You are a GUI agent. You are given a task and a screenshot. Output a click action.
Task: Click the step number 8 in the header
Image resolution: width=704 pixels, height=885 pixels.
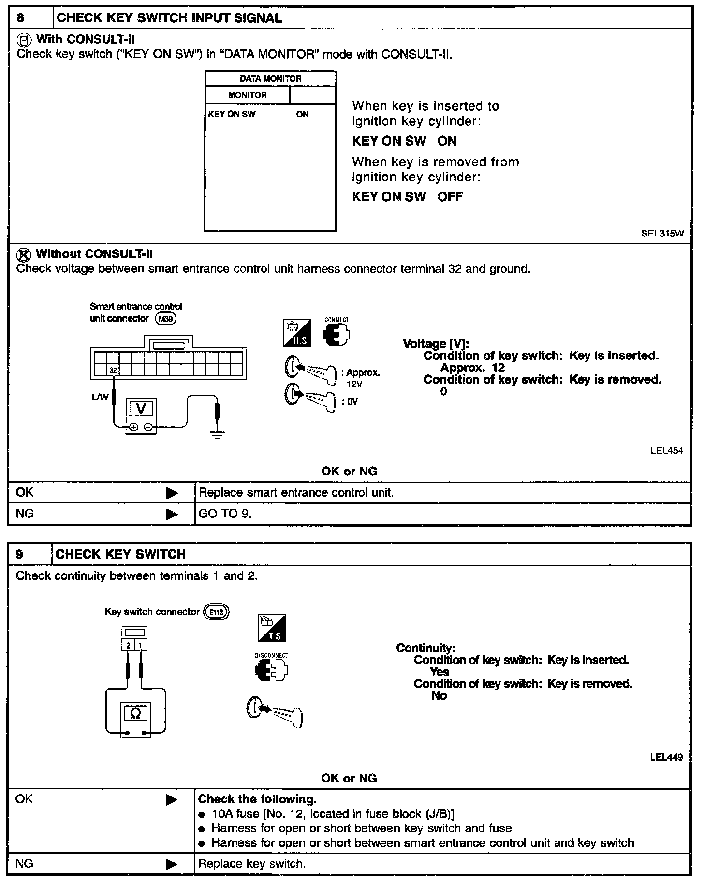click(20, 18)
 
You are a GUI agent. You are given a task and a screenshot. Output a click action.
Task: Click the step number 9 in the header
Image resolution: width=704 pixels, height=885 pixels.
click(19, 554)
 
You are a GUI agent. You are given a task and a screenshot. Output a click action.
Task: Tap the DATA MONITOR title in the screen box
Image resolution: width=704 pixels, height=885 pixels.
click(270, 79)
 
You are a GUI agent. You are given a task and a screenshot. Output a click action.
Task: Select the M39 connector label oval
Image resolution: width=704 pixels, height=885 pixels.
click(166, 319)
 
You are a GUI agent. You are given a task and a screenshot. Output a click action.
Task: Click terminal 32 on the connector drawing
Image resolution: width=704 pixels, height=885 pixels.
click(113, 370)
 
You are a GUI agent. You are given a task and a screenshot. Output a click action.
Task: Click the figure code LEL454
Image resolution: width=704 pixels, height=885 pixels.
click(667, 451)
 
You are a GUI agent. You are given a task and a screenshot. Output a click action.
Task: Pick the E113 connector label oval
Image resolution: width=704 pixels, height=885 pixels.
click(216, 612)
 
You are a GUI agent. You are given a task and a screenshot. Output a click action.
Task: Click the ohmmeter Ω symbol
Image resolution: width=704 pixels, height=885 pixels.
click(135, 713)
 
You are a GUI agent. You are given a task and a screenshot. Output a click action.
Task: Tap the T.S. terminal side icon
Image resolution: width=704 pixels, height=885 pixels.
click(272, 628)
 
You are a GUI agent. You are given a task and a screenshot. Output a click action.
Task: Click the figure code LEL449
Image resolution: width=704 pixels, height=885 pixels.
click(667, 757)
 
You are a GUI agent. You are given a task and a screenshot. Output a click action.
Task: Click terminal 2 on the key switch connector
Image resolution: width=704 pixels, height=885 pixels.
click(128, 646)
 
